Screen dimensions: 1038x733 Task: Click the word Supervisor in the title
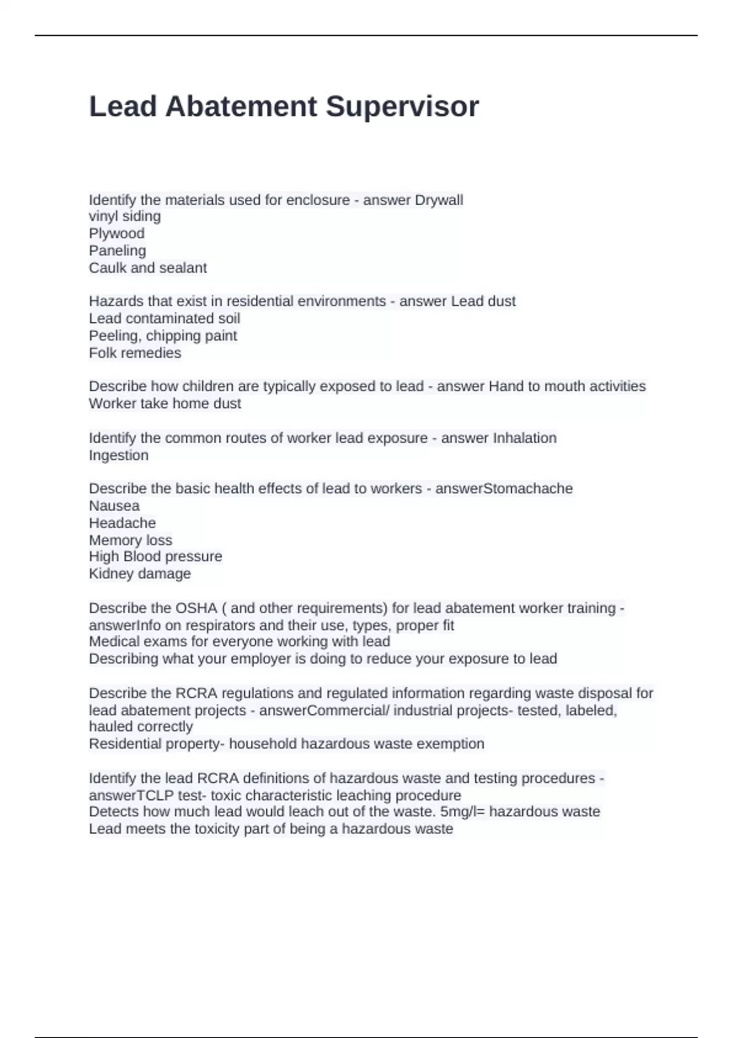point(402,107)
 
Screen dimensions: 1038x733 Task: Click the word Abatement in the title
point(241,107)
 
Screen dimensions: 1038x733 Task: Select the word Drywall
point(439,200)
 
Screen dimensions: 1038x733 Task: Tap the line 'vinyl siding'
point(125,216)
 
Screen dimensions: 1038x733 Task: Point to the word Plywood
point(117,233)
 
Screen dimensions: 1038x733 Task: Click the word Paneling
point(117,250)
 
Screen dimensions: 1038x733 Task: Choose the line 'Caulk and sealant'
point(148,267)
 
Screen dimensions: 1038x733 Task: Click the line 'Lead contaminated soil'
point(164,318)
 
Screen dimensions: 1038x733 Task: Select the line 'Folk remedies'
point(135,353)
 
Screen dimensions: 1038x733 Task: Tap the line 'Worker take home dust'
point(165,404)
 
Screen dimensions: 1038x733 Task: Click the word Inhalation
point(525,438)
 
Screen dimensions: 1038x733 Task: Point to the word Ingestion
point(119,455)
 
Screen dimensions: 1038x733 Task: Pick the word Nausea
point(114,506)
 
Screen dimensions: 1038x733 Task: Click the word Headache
point(122,523)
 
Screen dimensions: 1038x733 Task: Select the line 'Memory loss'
point(131,540)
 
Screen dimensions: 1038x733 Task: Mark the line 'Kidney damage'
point(140,573)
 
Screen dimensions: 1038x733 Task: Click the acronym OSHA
point(196,608)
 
